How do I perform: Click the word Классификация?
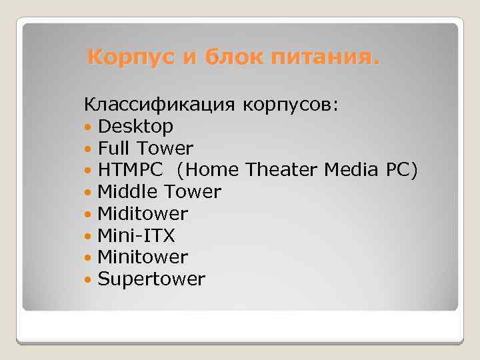tap(160, 105)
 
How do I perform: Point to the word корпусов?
tap(291, 105)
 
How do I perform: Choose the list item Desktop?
tap(135, 127)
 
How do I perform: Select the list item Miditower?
tap(143, 214)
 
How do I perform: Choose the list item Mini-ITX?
tap(136, 235)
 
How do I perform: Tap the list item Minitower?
tap(143, 257)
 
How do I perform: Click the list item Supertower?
tap(151, 279)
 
